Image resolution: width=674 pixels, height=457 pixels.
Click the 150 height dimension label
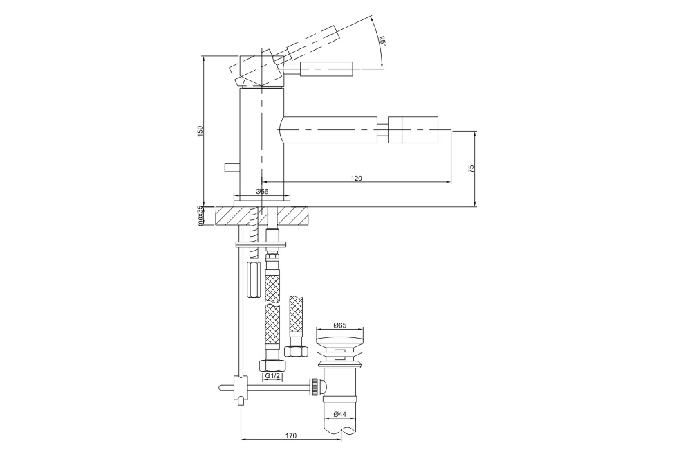pyautogui.click(x=200, y=131)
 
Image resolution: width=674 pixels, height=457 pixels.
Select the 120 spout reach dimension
pyautogui.click(x=357, y=178)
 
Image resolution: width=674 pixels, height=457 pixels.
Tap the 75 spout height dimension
pyautogui.click(x=471, y=168)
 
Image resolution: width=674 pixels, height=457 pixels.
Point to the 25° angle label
pyautogui.click(x=382, y=42)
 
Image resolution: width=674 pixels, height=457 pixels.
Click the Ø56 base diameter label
pyautogui.click(x=262, y=192)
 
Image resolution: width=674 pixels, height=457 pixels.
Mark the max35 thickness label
pyautogui.click(x=200, y=216)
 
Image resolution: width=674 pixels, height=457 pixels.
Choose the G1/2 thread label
pyautogui.click(x=272, y=376)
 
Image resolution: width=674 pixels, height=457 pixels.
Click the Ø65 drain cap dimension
pyautogui.click(x=339, y=325)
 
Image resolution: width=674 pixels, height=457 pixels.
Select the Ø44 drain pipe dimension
pyautogui.click(x=339, y=414)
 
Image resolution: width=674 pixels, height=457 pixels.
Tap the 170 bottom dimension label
pyautogui.click(x=290, y=436)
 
